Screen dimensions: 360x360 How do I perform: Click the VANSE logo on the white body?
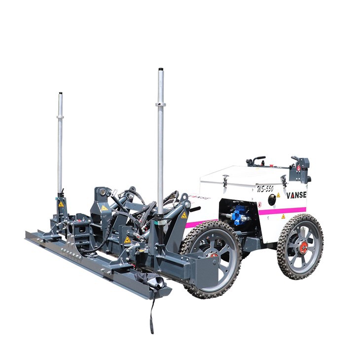[296, 195]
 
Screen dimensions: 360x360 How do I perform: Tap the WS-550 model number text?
[265, 188]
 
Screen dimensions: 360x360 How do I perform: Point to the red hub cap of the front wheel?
[214, 255]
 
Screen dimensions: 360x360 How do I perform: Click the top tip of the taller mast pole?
[160, 70]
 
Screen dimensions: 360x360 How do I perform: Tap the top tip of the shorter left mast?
[60, 94]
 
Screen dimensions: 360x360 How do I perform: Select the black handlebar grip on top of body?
[258, 159]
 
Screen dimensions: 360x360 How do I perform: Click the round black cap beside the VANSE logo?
[272, 199]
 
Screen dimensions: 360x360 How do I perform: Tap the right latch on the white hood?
[284, 180]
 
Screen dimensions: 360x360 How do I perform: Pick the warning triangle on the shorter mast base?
[61, 204]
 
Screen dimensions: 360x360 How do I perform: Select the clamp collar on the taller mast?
[160, 104]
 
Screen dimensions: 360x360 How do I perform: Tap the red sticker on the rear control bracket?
[298, 168]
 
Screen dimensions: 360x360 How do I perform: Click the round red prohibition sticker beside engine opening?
[260, 204]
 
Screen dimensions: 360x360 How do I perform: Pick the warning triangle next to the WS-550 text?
[278, 195]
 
